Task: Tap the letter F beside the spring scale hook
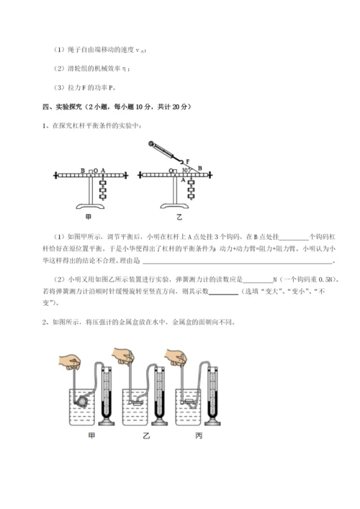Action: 188,162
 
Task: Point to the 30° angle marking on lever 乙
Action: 185,171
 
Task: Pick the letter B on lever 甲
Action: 83,170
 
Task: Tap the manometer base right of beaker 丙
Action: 212,420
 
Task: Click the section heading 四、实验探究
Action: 71,106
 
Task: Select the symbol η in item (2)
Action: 125,69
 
